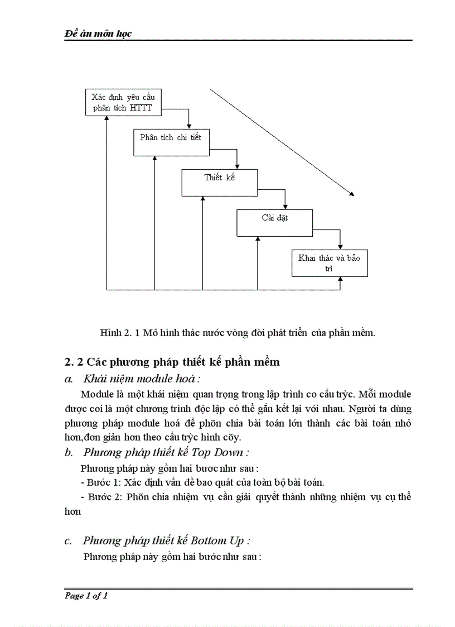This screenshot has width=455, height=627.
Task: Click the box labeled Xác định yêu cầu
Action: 123,102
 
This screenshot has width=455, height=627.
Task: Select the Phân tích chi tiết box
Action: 171,142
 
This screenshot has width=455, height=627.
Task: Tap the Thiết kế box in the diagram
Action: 219,183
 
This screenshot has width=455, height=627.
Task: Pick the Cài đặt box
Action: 275,222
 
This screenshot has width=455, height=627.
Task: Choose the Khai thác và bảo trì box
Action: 330,263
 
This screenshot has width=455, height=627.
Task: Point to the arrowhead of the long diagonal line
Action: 352,194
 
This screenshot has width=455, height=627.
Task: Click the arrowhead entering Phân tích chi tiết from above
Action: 190,126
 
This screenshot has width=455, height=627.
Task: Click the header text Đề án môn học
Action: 98,33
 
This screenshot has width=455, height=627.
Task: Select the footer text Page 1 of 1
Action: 86,596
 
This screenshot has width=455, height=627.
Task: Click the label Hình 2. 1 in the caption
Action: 119,333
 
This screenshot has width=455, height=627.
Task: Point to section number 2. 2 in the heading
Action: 74,362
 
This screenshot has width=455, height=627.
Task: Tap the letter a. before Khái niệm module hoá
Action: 69,379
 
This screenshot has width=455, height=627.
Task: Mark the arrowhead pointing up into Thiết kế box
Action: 203,199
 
